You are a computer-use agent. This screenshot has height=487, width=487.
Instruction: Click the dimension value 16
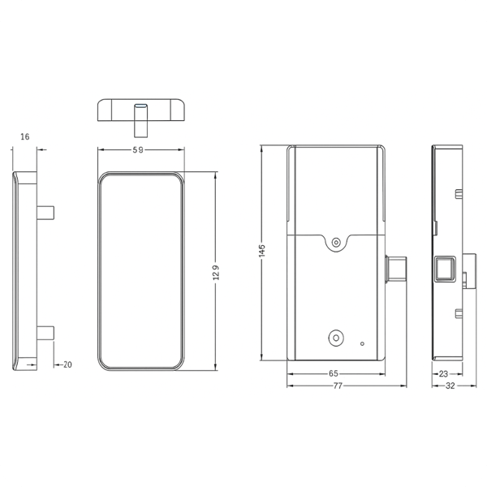tap(25, 136)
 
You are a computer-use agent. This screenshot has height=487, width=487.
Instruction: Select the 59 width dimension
tap(138, 149)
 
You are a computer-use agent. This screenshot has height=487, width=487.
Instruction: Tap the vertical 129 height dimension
tap(216, 273)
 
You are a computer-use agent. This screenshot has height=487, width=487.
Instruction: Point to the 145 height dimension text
tap(262, 251)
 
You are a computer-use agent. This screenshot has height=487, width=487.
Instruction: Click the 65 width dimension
tap(334, 373)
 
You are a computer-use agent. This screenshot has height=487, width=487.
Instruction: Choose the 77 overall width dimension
tap(338, 386)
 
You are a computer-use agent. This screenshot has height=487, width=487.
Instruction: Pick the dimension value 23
tap(443, 373)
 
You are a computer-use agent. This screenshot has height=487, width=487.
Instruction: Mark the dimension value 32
tap(450, 386)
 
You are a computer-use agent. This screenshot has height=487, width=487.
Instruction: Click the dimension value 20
tap(67, 364)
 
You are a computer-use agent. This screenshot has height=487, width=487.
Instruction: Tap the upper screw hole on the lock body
tap(336, 242)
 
